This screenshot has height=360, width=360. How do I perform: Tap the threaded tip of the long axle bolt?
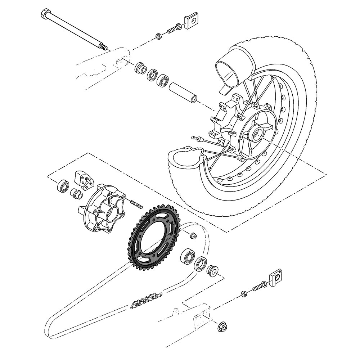(x=104, y=47)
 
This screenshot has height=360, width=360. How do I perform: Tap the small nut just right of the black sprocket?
(x=193, y=236)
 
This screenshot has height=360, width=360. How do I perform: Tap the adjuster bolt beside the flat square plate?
(x=174, y=28)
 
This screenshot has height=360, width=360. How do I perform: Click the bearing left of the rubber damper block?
(x=63, y=185)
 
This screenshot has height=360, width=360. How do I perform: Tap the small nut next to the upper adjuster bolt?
(x=158, y=36)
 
